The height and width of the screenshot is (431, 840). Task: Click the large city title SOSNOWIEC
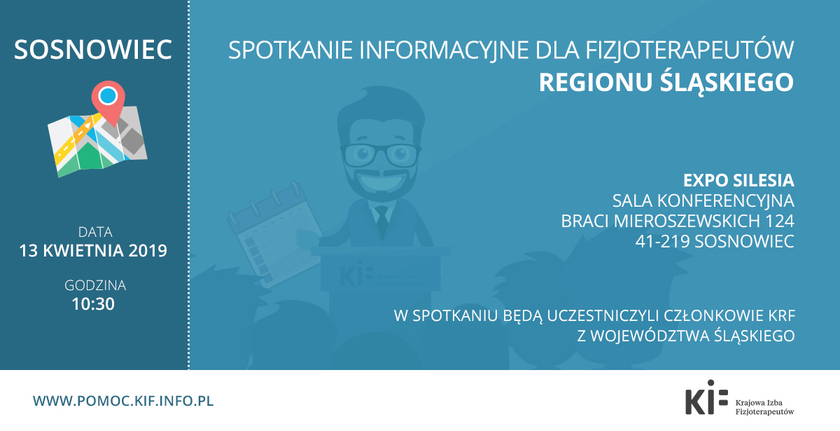pyautogui.click(x=93, y=50)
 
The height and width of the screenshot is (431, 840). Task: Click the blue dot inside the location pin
pyautogui.click(x=108, y=95)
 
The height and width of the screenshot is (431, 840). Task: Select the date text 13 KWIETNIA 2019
pyautogui.click(x=93, y=251)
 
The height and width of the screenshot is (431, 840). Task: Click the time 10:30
pyautogui.click(x=93, y=304)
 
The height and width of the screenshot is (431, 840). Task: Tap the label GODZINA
pyautogui.click(x=95, y=286)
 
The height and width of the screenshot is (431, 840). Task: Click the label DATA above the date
pyautogui.click(x=95, y=232)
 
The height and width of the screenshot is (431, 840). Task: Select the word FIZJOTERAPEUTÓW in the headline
pyautogui.click(x=689, y=50)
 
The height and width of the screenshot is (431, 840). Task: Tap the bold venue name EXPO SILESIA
pyautogui.click(x=738, y=181)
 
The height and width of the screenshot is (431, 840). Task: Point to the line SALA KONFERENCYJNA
pyautogui.click(x=703, y=201)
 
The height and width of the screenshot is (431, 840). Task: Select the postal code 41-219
pyautogui.click(x=662, y=241)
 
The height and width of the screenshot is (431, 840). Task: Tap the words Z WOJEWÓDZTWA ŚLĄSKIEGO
pyautogui.click(x=686, y=336)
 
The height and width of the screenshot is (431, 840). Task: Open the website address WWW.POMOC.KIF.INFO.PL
pyautogui.click(x=123, y=401)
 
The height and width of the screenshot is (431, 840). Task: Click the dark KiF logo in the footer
pyautogui.click(x=706, y=397)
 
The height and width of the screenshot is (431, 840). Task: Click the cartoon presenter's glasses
pyautogui.click(x=381, y=155)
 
